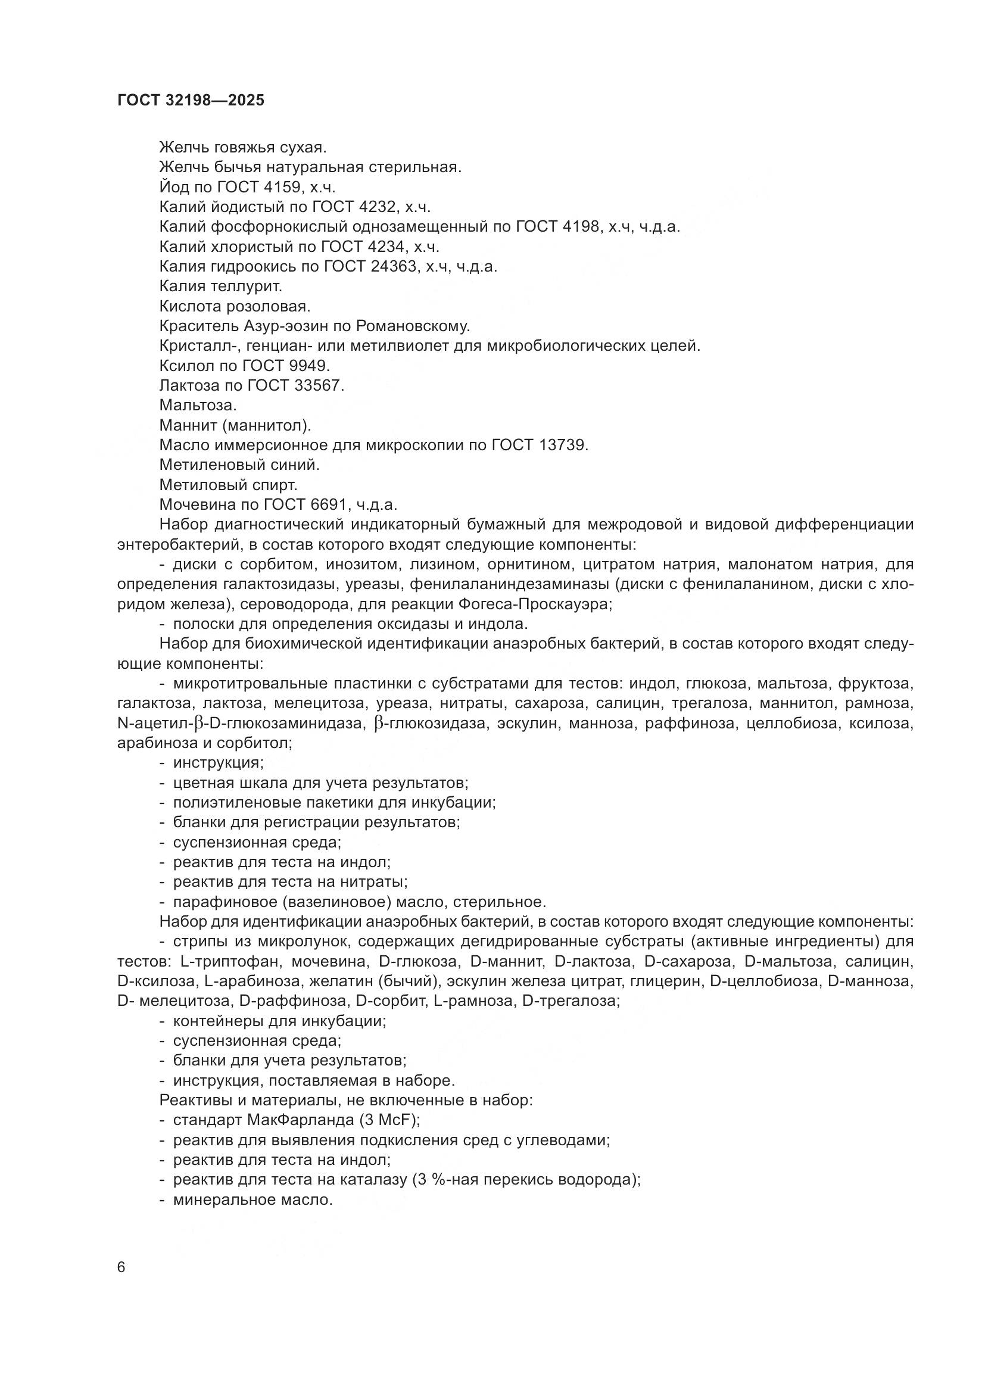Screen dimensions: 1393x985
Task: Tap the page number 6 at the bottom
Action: (x=121, y=1267)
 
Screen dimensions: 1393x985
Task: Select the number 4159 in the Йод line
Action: (x=276, y=187)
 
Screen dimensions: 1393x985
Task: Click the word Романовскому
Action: (x=413, y=326)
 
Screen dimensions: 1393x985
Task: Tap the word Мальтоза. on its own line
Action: (x=198, y=406)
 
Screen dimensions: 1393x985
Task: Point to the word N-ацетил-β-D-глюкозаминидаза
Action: (x=239, y=724)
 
